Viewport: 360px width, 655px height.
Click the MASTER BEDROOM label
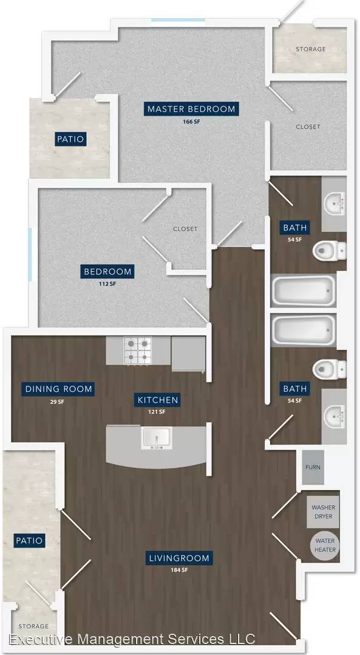click(x=191, y=109)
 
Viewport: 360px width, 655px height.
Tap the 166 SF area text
click(x=191, y=123)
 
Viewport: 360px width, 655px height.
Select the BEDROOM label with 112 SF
click(x=108, y=272)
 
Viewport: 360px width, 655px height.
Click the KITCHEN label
click(x=158, y=400)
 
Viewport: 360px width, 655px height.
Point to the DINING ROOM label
click(x=58, y=389)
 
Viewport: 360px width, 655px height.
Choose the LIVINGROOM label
click(x=179, y=558)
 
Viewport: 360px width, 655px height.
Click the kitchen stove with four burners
click(x=138, y=350)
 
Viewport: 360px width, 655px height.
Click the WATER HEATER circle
click(x=325, y=545)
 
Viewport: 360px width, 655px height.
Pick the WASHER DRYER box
click(x=322, y=512)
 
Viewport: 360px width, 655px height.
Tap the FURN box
click(x=313, y=467)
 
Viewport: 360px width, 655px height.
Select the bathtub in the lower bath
click(x=304, y=330)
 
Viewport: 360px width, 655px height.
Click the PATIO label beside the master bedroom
click(x=70, y=139)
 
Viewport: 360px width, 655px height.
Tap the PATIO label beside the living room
click(x=29, y=540)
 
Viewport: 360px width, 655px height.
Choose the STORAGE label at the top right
click(x=311, y=49)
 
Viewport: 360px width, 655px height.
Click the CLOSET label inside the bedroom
click(x=185, y=229)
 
